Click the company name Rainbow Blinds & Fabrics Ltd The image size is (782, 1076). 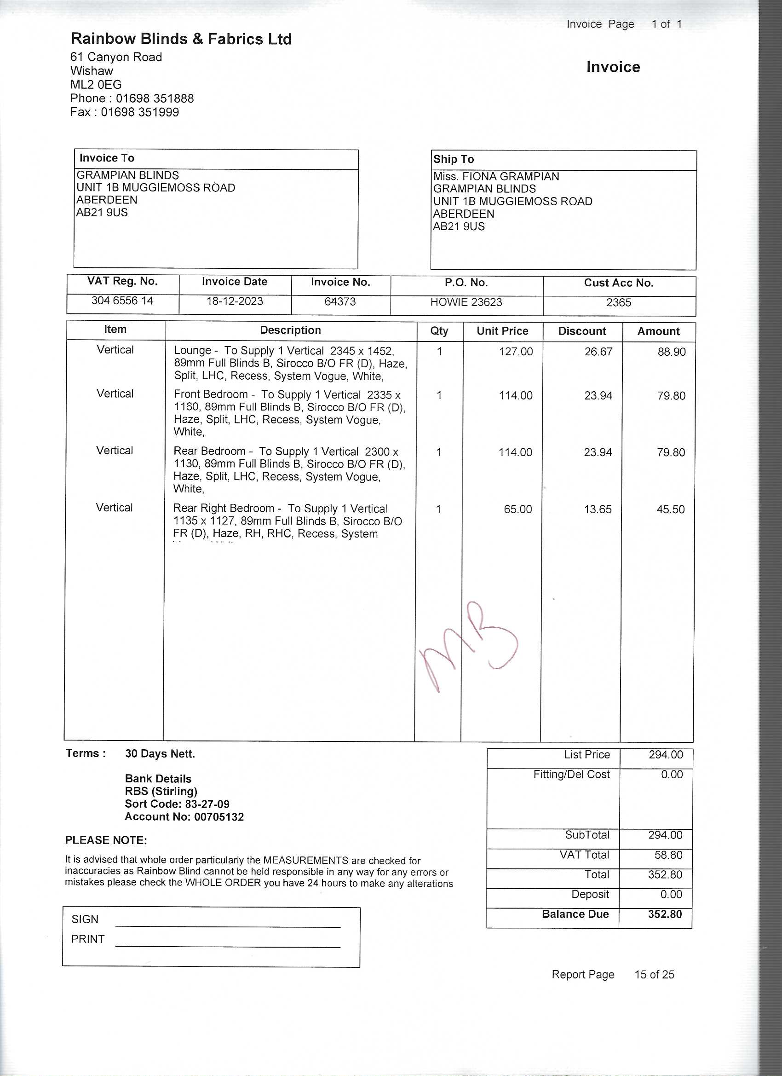[x=181, y=39]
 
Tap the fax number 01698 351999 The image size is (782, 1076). [x=140, y=112]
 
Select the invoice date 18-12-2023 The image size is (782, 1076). [x=234, y=301]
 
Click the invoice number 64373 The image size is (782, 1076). [x=340, y=302]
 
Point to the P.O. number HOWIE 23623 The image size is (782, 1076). [x=466, y=302]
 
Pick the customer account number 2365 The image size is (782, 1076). [x=618, y=303]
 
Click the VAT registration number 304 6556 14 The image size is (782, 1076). [x=122, y=301]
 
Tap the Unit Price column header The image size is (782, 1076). [x=502, y=331]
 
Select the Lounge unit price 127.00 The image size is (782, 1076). [x=516, y=352]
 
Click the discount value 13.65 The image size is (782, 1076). [x=598, y=509]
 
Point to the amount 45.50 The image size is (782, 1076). [x=671, y=509]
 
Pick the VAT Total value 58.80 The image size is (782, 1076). [x=668, y=855]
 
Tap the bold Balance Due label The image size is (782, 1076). [x=575, y=914]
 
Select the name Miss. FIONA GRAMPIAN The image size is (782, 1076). [x=496, y=176]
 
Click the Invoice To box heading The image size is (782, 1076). [x=107, y=158]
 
